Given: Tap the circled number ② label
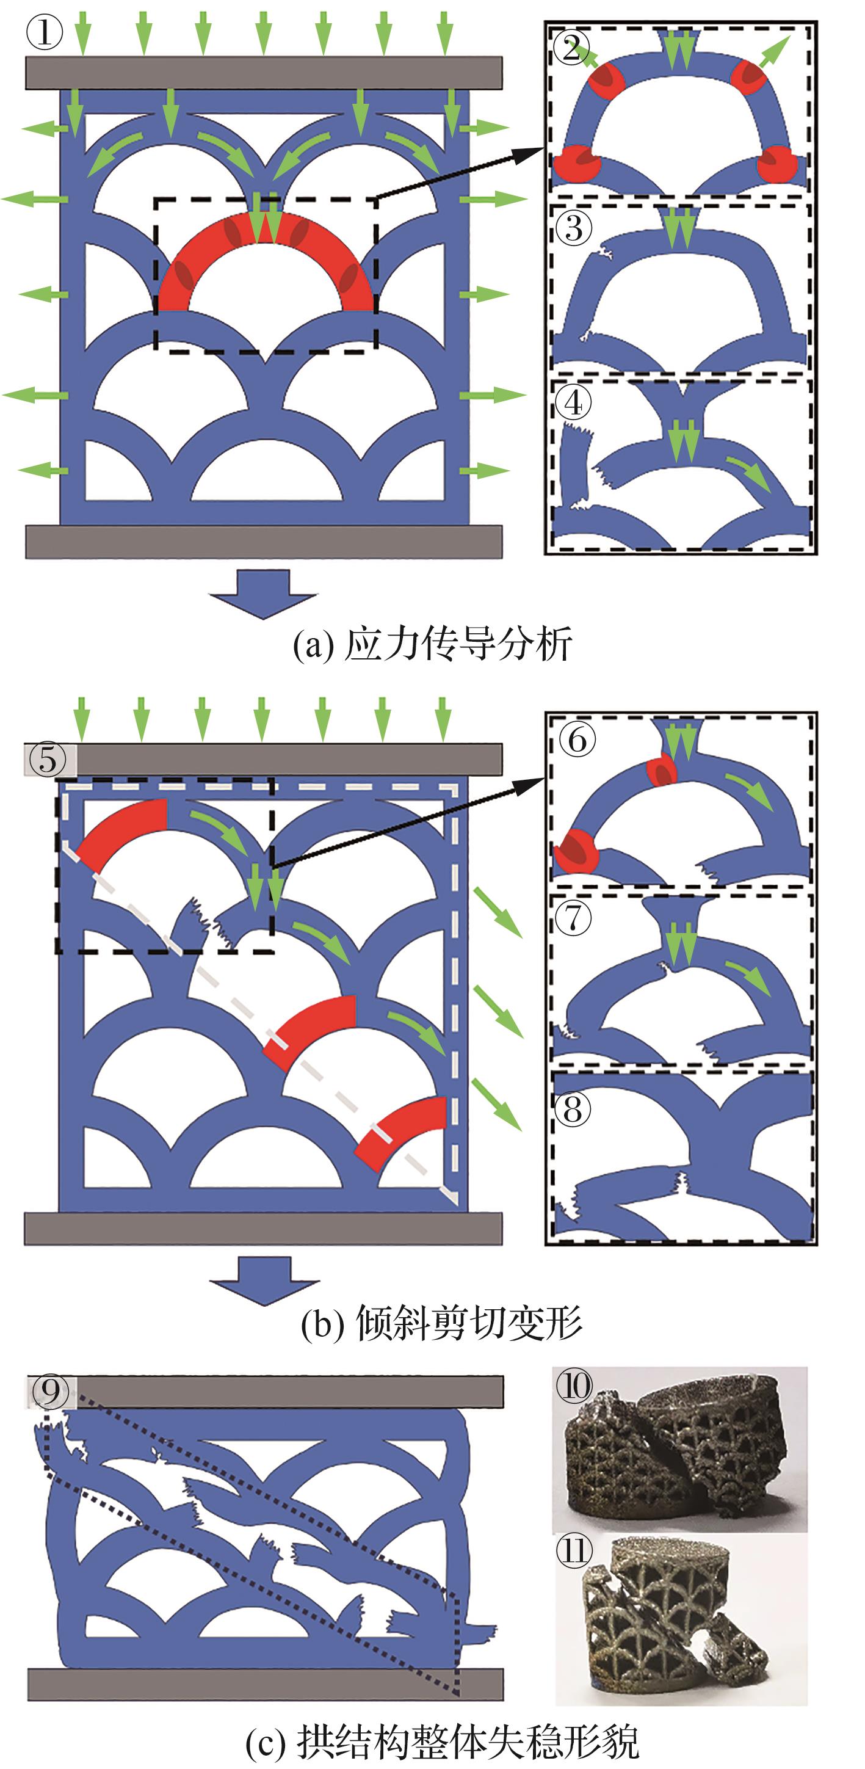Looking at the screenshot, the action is (572, 48).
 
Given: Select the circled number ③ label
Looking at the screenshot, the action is (574, 227).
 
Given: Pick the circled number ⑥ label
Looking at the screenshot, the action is (577, 739).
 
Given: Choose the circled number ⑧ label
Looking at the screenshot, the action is (573, 1108).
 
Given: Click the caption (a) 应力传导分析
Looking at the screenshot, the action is (432, 644).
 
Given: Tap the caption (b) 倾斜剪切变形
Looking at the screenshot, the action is (441, 1322).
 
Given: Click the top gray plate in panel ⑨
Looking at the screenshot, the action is (266, 1391).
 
